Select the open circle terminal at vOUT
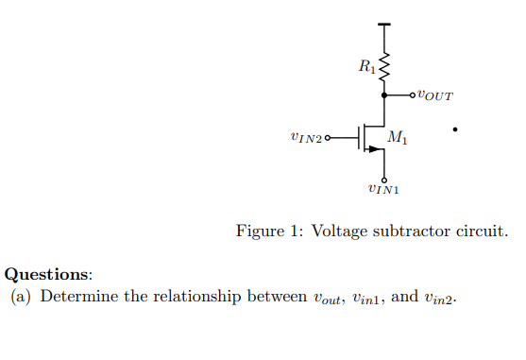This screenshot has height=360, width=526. click(413, 94)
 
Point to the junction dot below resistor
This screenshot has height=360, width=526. click(383, 94)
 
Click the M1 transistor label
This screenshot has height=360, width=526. click(399, 140)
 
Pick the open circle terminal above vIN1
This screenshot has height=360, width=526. click(383, 178)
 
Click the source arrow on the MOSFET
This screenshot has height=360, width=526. click(376, 148)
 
